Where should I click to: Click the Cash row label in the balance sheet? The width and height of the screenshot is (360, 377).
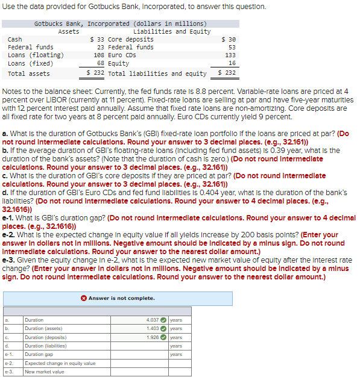pos(15,39)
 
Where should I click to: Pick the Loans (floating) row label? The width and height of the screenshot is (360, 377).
pos(36,55)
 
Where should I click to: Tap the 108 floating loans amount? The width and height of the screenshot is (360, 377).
pos(99,55)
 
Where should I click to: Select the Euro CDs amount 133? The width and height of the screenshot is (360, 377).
pos(230,55)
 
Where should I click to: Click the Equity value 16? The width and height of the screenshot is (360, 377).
pos(232,63)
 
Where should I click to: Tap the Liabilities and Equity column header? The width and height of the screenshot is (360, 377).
pos(172,31)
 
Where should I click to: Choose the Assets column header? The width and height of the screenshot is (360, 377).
pos(68,31)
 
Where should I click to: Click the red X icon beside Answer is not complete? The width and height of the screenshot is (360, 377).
pos(84,298)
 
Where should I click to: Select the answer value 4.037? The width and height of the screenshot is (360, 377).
pos(153,320)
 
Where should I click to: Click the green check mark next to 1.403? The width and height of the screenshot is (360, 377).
pos(163,329)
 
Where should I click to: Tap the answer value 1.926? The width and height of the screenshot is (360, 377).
pos(153,337)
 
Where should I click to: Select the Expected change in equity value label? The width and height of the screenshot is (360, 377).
pos(60,363)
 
